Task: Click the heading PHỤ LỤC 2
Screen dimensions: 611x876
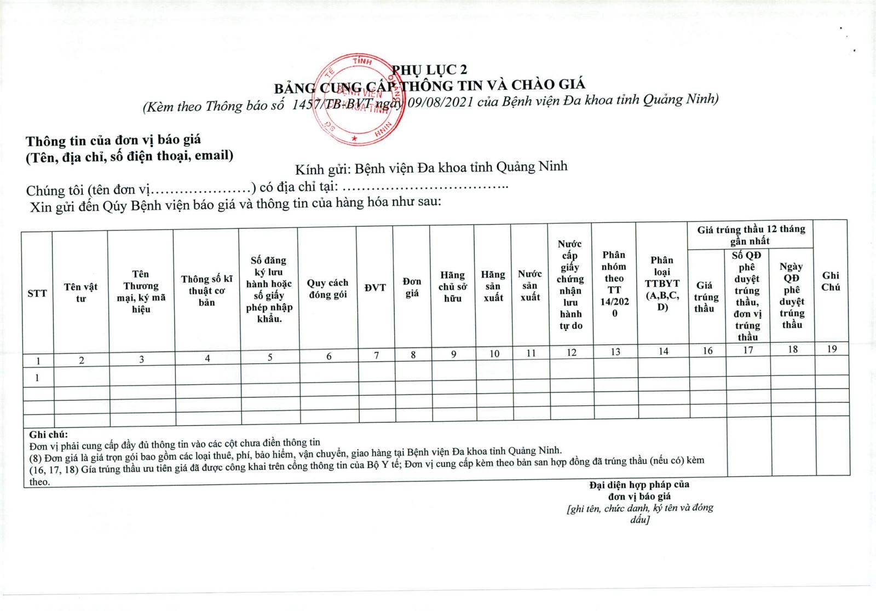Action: point(430,70)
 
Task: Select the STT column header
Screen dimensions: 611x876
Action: point(37,293)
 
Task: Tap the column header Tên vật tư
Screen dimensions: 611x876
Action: point(80,292)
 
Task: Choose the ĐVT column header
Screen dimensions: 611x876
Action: point(375,287)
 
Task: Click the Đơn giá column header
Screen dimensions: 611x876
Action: point(412,287)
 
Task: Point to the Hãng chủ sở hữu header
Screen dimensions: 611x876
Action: point(452,286)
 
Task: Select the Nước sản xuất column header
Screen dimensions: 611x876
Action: point(530,285)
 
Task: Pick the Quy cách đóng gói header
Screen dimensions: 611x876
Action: point(327,289)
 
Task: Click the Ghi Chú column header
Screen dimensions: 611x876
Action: point(831,281)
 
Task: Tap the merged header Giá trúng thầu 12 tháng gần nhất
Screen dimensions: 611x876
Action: point(751,235)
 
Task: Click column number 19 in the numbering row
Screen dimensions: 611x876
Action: point(832,349)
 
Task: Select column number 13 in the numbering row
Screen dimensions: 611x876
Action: point(615,351)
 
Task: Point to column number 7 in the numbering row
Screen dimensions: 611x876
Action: point(376,355)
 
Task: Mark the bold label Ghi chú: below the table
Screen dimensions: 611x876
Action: point(49,434)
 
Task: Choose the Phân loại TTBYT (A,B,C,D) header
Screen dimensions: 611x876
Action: point(662,283)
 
